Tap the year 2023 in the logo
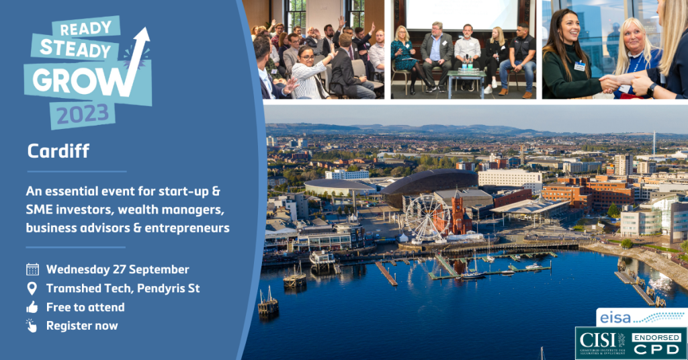pyautogui.click(x=83, y=114)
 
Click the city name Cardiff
pyautogui.click(x=58, y=152)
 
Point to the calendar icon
pyautogui.click(x=32, y=269)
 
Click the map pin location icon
pyautogui.click(x=32, y=288)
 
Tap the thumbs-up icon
pyautogui.click(x=32, y=307)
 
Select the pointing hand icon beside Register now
pyautogui.click(x=32, y=326)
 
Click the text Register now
pyautogui.click(x=82, y=326)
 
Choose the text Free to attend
pyautogui.click(x=85, y=307)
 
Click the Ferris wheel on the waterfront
pyautogui.click(x=427, y=218)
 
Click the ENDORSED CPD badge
pyautogui.click(x=657, y=344)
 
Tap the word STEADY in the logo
pyautogui.click(x=75, y=50)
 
